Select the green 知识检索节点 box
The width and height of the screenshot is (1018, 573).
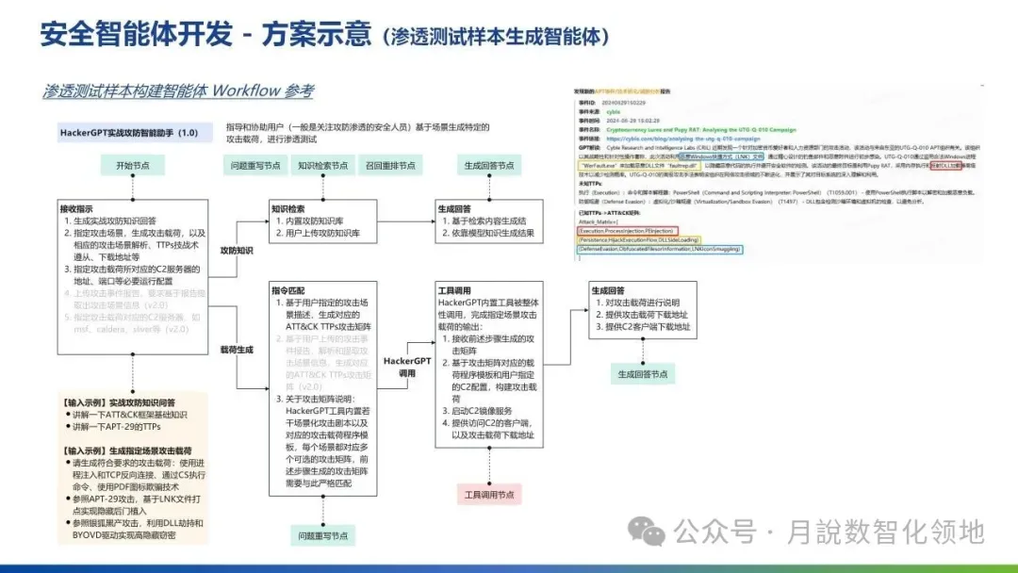coord(320,165)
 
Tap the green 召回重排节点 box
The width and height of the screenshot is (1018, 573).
coord(390,165)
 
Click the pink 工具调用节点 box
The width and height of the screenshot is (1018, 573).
coord(490,494)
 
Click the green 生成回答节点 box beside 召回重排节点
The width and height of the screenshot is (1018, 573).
coord(489,165)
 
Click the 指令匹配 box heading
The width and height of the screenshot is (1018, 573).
coord(289,290)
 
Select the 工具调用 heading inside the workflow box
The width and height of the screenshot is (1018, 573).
coord(457,290)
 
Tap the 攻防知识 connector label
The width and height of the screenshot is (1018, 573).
coord(236,252)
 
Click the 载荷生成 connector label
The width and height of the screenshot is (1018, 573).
coord(236,349)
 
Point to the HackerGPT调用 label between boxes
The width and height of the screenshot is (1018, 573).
coord(407,367)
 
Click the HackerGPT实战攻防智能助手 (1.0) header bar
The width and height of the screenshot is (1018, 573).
coord(130,133)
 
